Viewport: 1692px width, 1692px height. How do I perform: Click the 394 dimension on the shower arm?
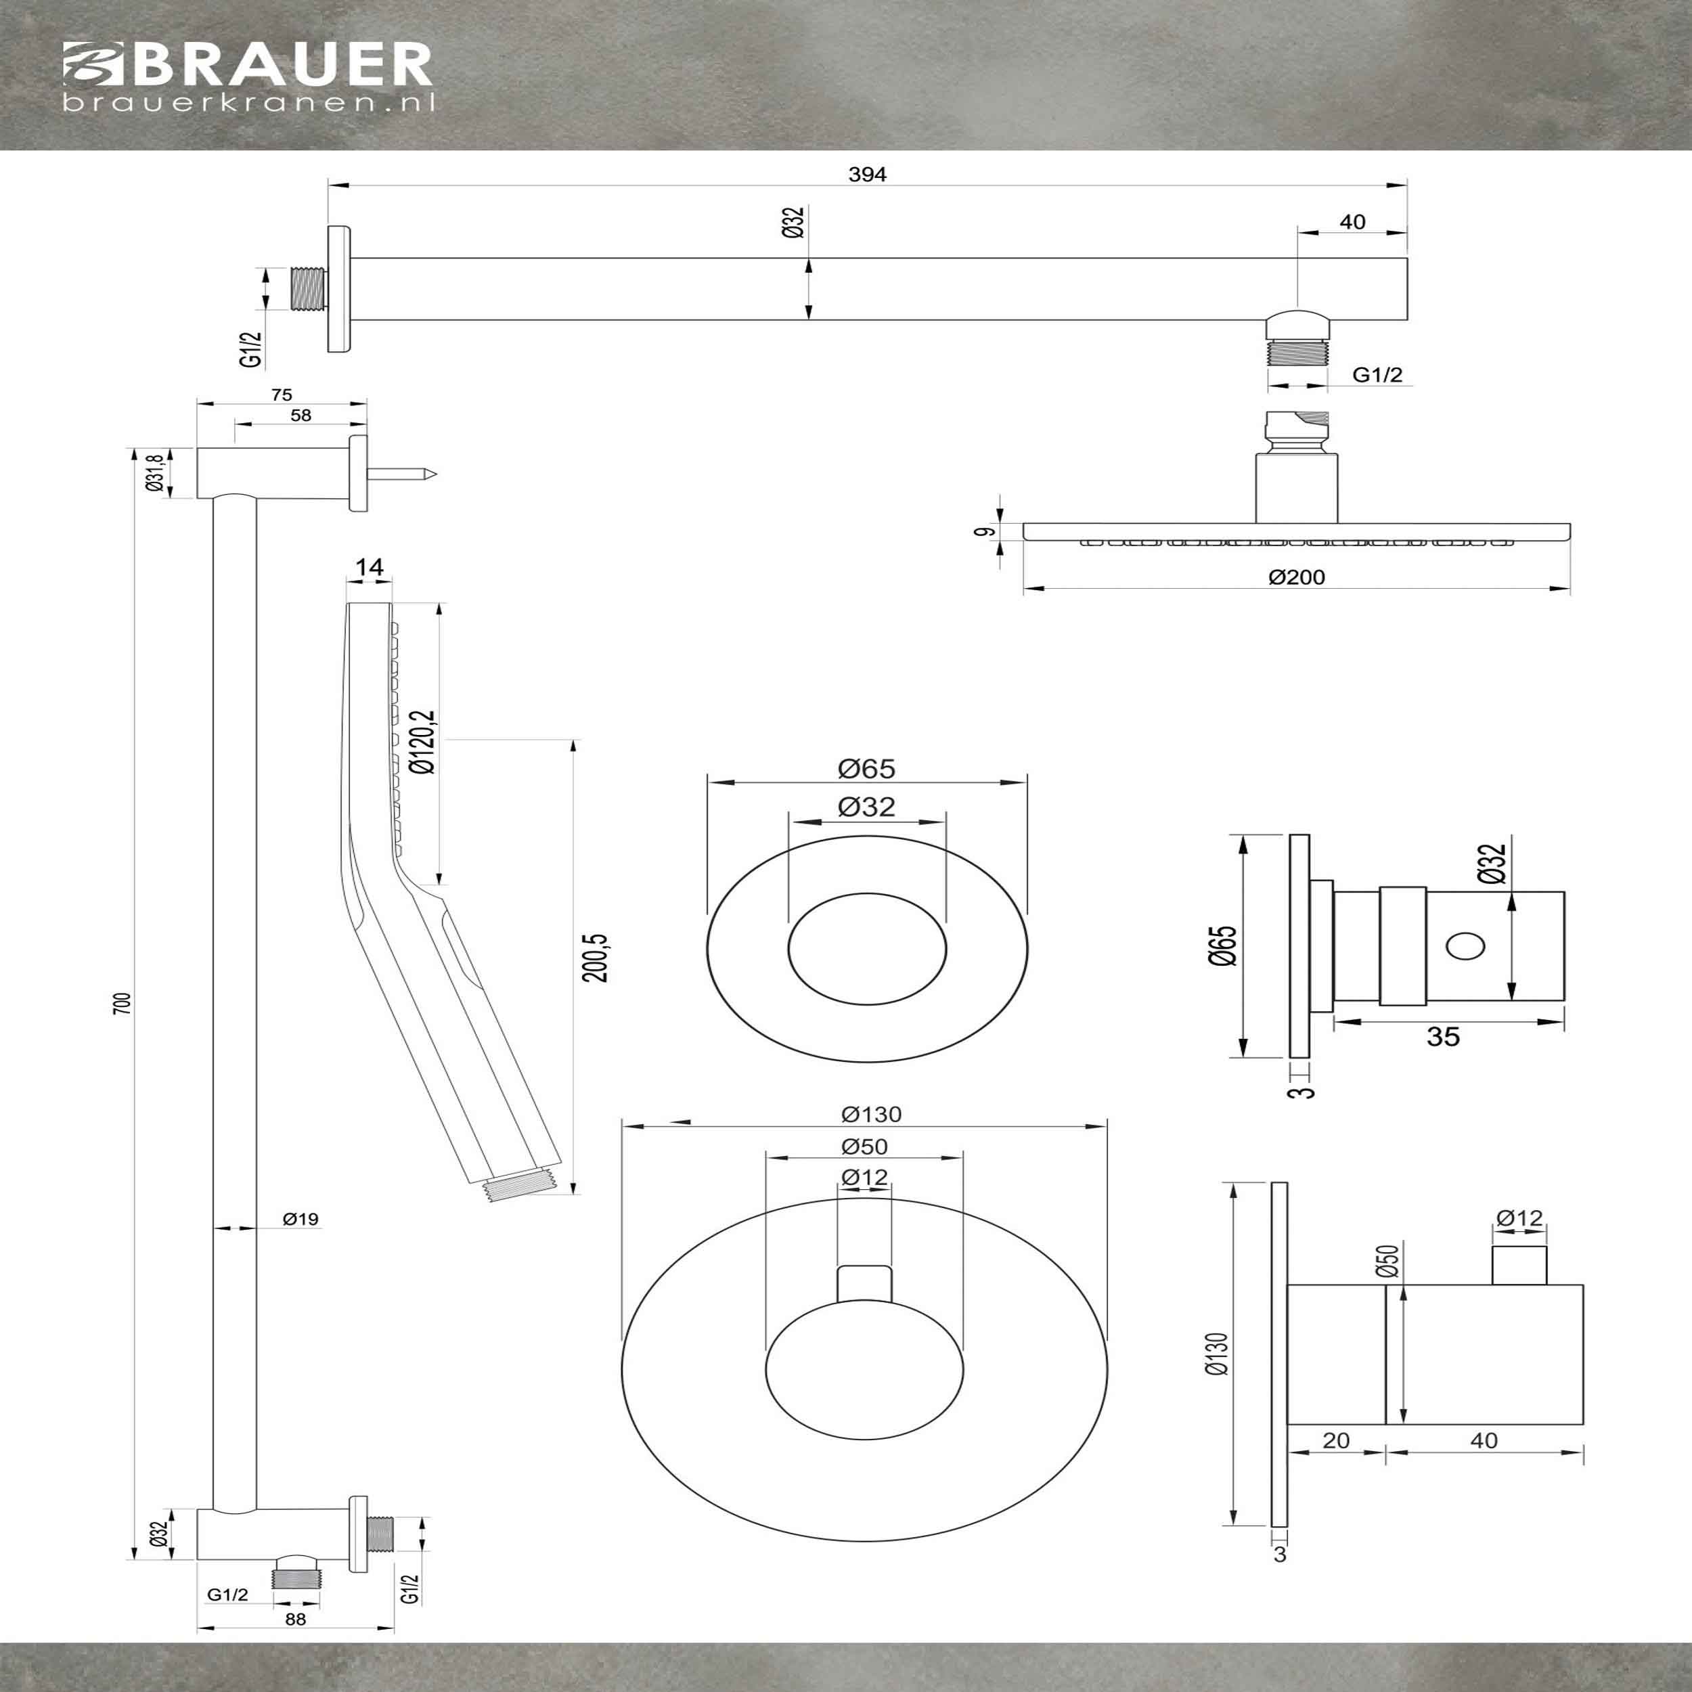point(867,175)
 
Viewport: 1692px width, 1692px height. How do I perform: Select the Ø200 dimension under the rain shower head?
point(1297,577)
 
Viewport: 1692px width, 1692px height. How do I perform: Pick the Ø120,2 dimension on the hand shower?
point(424,742)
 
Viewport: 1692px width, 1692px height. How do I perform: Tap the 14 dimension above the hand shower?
point(370,568)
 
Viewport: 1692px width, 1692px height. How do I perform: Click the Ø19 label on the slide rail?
point(300,1218)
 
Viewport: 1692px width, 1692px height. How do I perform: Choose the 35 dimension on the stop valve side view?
point(1442,1037)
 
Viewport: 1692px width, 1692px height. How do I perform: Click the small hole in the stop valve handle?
point(1465,947)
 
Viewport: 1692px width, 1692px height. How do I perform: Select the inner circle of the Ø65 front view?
point(867,948)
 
